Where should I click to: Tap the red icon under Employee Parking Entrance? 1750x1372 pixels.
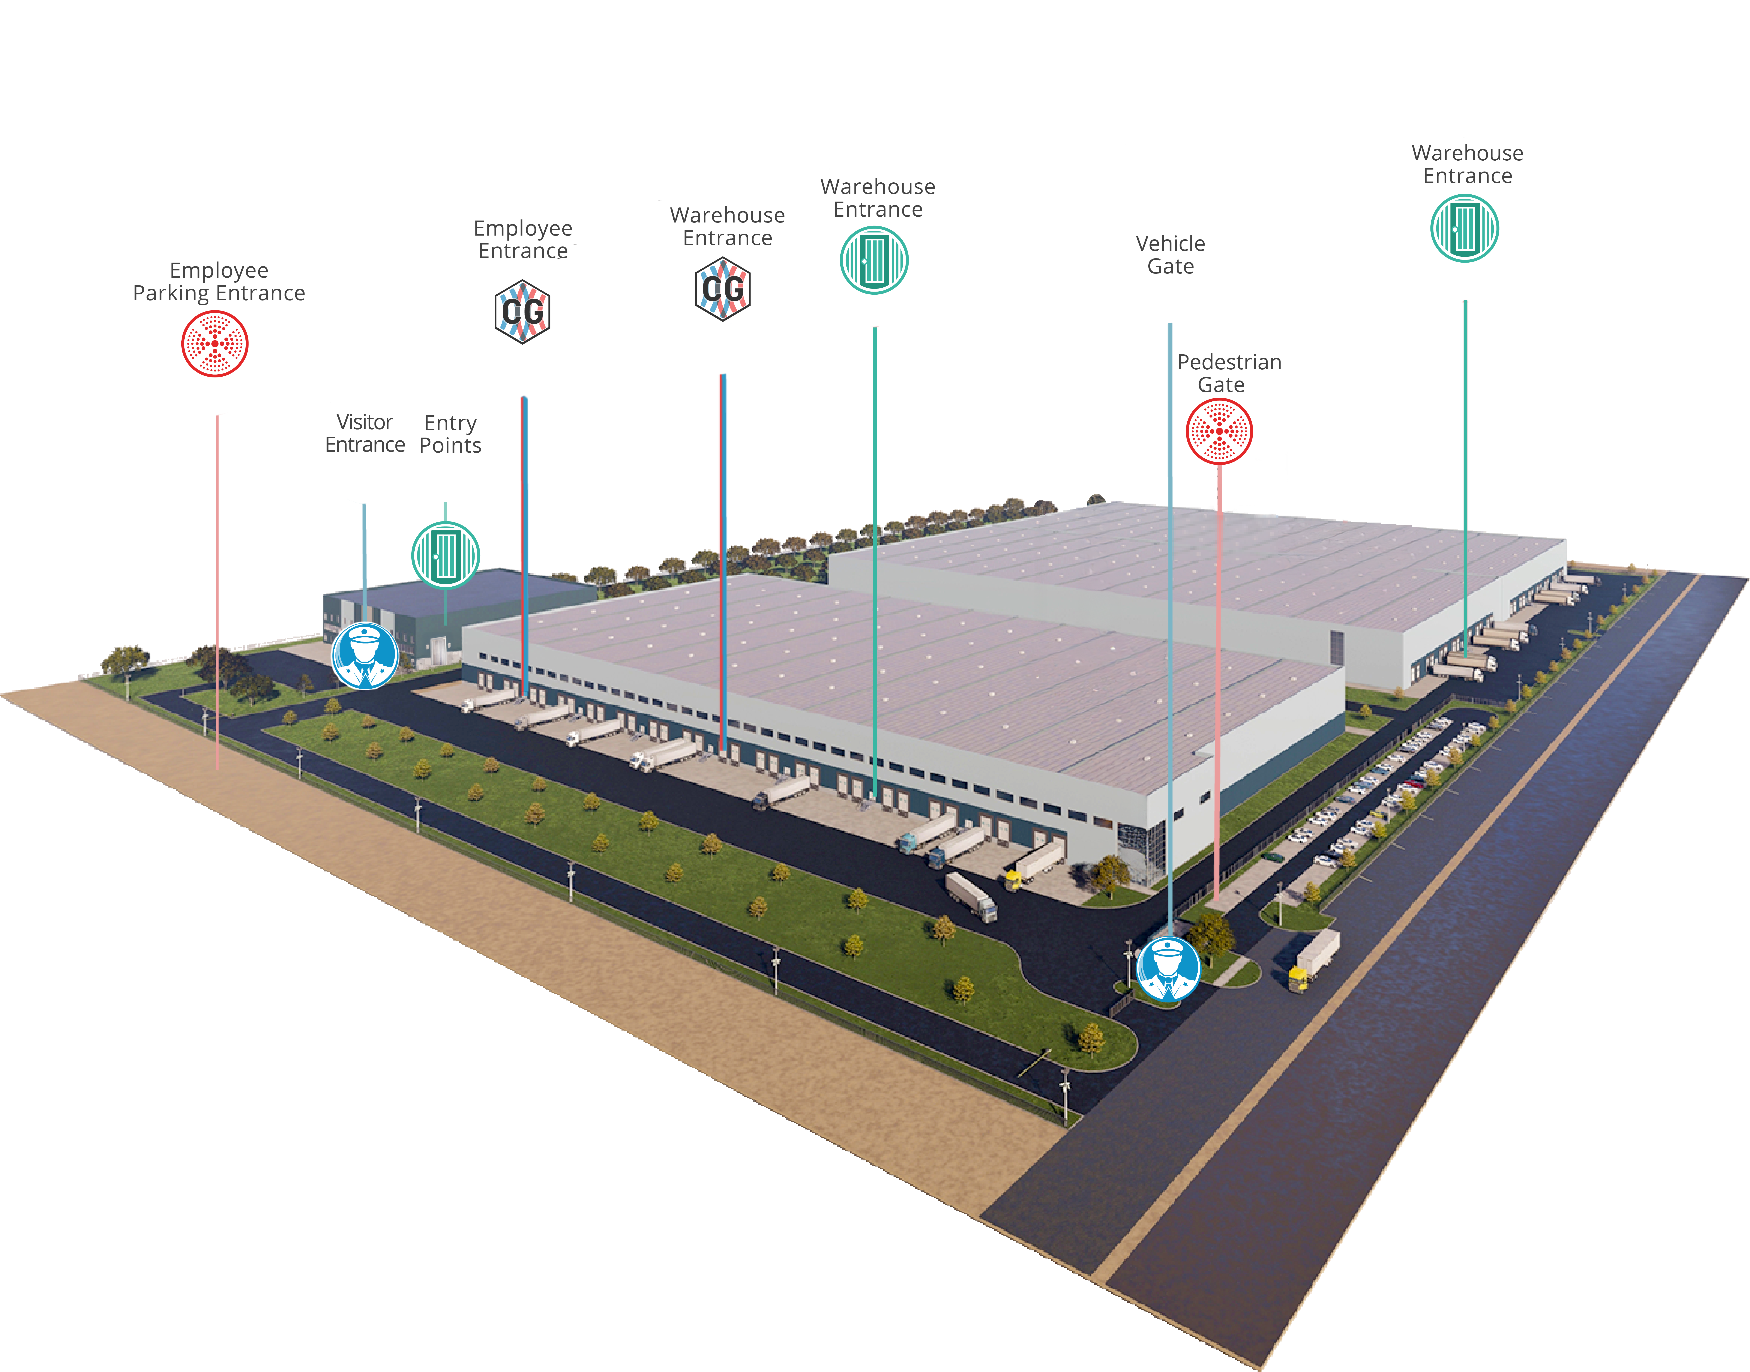coord(214,344)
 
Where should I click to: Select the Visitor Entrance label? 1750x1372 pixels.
coord(365,434)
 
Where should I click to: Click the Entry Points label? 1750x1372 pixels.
coord(450,435)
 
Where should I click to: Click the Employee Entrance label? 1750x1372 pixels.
coord(523,239)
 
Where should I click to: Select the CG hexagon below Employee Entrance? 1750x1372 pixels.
coord(522,312)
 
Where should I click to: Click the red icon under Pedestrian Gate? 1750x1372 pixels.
coord(1219,431)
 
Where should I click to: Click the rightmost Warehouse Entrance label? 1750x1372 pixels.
coord(1467,165)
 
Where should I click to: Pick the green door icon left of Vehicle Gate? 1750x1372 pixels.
coord(874,260)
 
